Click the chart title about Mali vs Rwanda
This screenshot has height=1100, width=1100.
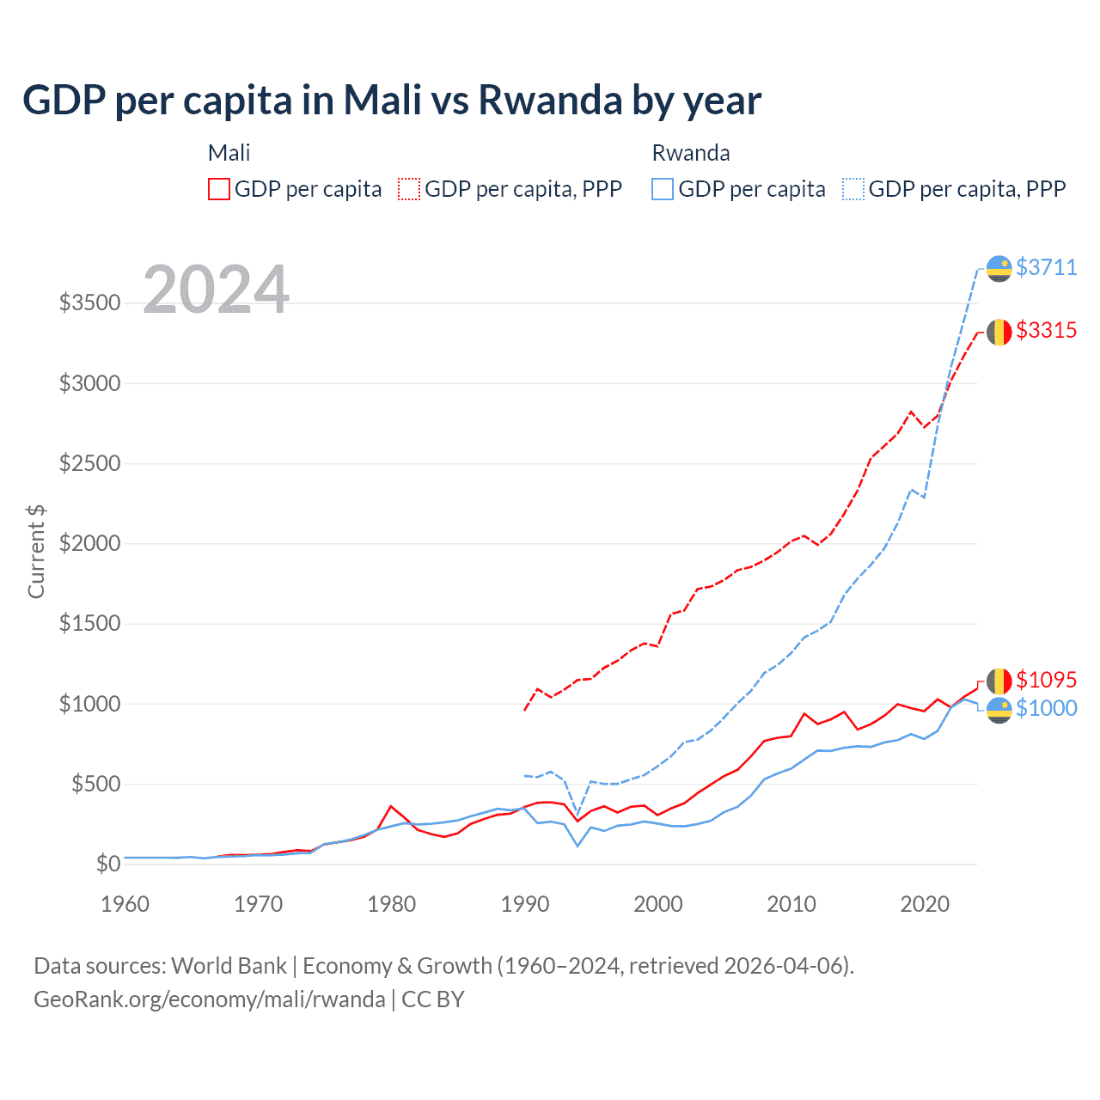[x=392, y=101]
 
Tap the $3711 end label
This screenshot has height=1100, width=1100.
[x=1046, y=267]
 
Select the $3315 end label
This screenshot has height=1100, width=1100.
[x=1046, y=330]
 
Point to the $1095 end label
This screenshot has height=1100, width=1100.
[x=1046, y=680]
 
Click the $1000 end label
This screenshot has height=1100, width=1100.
[x=1046, y=708]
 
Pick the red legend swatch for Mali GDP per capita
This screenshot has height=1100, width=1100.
[x=219, y=189]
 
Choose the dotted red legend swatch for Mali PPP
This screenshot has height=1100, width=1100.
[x=409, y=189]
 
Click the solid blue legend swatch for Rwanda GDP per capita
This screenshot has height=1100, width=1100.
[x=663, y=189]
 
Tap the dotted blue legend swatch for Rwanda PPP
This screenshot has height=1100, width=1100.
[x=853, y=189]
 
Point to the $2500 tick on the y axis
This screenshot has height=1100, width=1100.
[x=89, y=464]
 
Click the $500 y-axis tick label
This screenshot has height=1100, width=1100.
[x=95, y=784]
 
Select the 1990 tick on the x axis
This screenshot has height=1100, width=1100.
[x=525, y=904]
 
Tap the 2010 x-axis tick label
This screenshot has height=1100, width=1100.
[x=791, y=904]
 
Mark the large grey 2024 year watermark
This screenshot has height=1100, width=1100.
[x=217, y=290]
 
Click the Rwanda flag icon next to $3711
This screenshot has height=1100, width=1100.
[x=999, y=268]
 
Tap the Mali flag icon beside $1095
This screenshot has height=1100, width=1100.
[x=999, y=681]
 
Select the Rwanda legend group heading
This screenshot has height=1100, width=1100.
[x=691, y=153]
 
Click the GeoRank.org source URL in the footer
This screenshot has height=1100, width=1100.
[x=210, y=999]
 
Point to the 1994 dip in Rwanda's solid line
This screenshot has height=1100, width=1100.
[x=577, y=846]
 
